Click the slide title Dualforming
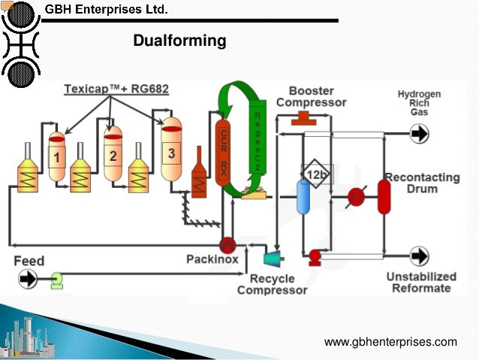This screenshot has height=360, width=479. [x=179, y=41]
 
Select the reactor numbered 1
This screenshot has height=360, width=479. [x=57, y=156]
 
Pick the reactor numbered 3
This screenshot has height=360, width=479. [x=172, y=153]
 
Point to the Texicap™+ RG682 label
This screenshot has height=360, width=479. [x=116, y=89]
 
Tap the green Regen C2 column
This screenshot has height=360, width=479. [x=257, y=143]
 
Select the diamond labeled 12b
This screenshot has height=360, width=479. [x=316, y=175]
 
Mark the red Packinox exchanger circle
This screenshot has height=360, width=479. [x=227, y=245]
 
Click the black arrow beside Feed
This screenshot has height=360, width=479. [x=29, y=280]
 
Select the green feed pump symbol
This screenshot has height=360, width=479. [x=56, y=280]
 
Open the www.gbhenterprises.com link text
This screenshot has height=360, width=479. [x=390, y=342]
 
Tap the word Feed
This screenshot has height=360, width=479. [x=29, y=262]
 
